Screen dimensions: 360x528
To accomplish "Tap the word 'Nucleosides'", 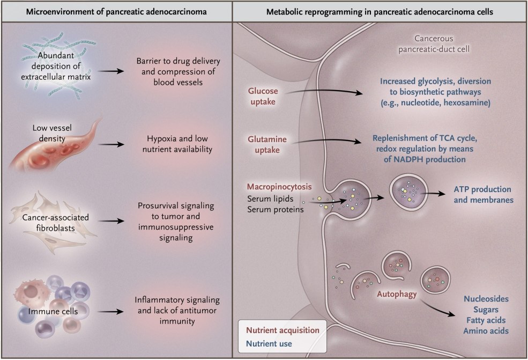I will (485, 298).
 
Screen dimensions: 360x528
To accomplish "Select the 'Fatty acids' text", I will (485, 320).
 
